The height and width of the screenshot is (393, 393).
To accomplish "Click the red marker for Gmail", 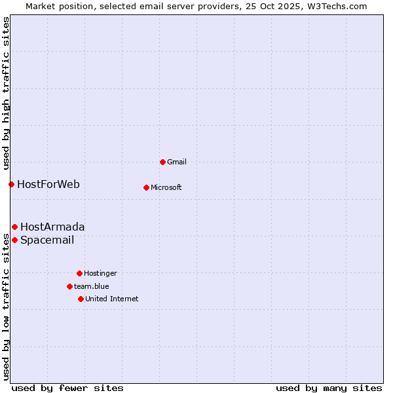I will (x=162, y=162).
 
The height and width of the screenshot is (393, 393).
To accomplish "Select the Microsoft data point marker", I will (x=146, y=187).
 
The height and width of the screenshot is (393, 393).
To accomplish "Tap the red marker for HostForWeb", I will (x=11, y=184).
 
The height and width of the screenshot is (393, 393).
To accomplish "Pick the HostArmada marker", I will (x=14, y=227).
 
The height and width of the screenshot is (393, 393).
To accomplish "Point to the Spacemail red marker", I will (x=14, y=240).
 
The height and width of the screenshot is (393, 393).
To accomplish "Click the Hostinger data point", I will (x=79, y=273).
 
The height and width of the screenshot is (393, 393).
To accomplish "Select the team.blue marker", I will (x=69, y=286).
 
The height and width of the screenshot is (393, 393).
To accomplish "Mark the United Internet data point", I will (x=81, y=299).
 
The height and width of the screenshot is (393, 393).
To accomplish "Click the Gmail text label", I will (x=177, y=162).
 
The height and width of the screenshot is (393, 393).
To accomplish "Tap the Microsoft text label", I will (x=166, y=187).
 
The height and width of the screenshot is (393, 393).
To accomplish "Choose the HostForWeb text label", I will (x=48, y=184).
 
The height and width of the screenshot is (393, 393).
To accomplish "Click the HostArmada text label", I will (x=52, y=227).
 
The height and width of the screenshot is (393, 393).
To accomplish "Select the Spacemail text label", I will (x=47, y=240).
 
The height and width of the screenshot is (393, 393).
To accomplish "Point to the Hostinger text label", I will (x=100, y=273).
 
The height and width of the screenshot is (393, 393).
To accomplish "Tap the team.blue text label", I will (x=92, y=286).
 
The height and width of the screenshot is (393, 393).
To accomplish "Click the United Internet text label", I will (x=112, y=299).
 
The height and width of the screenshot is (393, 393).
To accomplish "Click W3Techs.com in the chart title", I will (x=335, y=6).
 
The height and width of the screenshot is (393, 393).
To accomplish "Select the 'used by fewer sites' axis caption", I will (x=67, y=388).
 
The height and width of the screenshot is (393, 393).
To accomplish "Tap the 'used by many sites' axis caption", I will (x=329, y=388).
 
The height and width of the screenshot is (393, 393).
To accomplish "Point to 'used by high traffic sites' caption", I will (x=6, y=92).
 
